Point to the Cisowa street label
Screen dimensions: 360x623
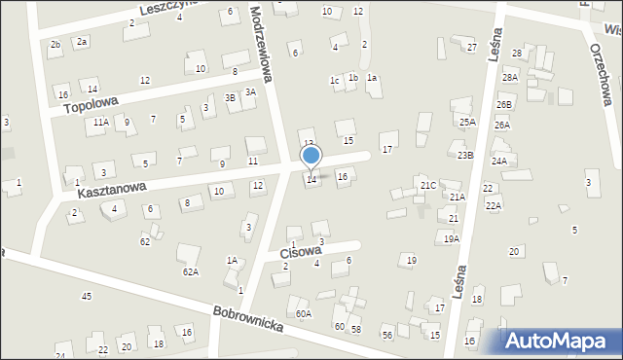300,251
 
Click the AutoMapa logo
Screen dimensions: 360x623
560,341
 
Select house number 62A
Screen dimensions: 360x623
190,272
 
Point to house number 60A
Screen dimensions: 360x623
304,313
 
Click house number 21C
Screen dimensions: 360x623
428,185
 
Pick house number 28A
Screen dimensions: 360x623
509,77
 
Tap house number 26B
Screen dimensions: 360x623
503,104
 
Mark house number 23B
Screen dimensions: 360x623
465,155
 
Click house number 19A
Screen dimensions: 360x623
451,238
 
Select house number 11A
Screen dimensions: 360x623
100,123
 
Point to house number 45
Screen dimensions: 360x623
87,296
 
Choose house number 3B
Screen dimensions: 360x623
230,97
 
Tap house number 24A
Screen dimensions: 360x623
498,161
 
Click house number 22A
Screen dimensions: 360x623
494,205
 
